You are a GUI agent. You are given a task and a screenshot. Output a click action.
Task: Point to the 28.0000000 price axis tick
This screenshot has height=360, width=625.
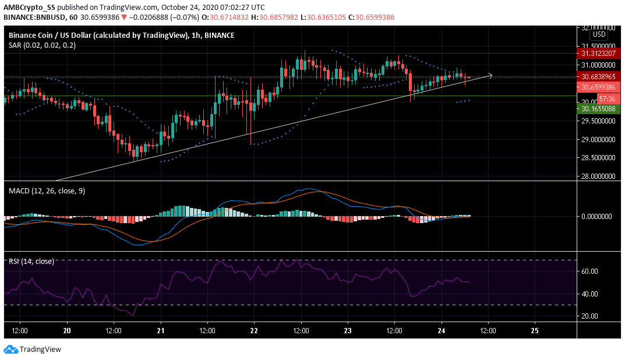pos(599,176)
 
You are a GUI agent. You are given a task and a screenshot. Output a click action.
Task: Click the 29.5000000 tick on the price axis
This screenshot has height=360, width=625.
pos(599,121)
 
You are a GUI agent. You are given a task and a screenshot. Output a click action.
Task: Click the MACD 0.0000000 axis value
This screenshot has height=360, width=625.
pos(599,216)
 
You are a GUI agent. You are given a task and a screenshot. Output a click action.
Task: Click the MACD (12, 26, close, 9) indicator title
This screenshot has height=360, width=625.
pos(47,191)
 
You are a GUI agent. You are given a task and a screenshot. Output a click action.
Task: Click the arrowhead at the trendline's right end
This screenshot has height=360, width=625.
pos(491,75)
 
